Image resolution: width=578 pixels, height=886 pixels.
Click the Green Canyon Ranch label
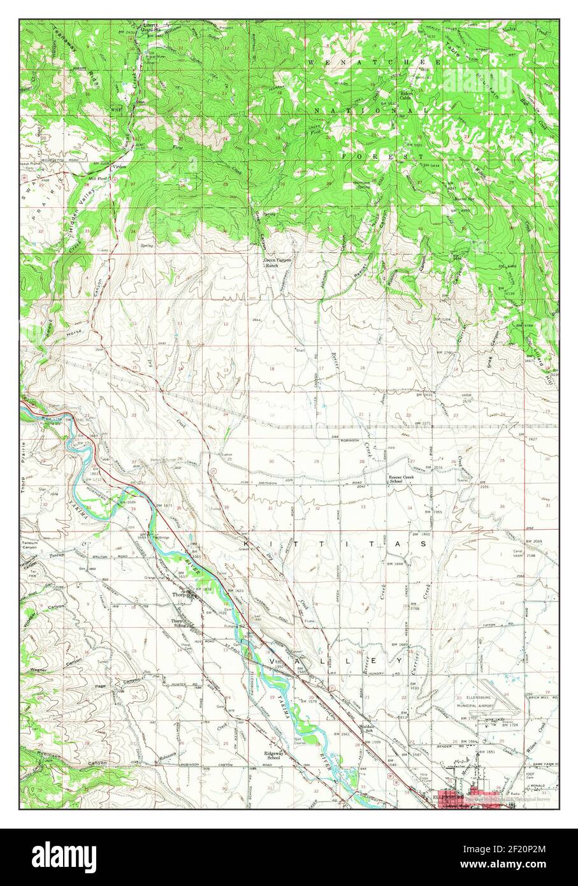[x=277, y=263]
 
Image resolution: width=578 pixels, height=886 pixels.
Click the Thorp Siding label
[x=177, y=623]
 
